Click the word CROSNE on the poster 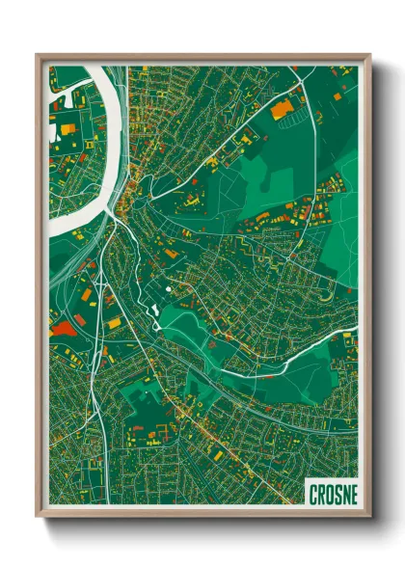333,494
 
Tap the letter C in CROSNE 314,494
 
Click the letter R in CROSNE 321,494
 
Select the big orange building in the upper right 281,110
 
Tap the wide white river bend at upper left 106,145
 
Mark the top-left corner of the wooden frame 38,56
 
